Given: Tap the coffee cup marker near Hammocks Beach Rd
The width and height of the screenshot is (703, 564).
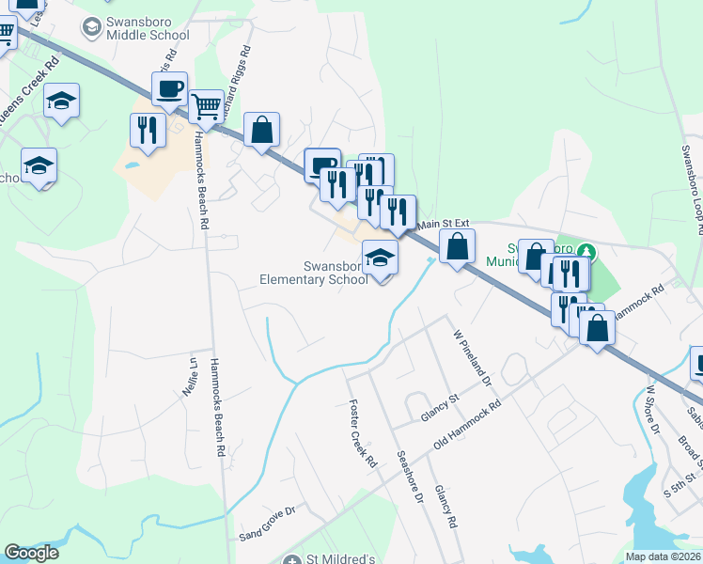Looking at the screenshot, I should pyautogui.click(x=169, y=90).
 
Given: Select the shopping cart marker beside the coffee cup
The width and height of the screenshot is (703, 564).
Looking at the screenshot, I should pyautogui.click(x=205, y=105).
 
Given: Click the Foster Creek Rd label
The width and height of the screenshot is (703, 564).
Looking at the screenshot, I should pyautogui.click(x=363, y=434).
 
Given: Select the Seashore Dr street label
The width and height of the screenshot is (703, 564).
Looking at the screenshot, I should pyautogui.click(x=413, y=471).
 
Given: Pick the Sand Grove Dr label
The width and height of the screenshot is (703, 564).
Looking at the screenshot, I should pyautogui.click(x=267, y=536).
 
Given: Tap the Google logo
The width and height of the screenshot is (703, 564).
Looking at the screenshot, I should pyautogui.click(x=32, y=553).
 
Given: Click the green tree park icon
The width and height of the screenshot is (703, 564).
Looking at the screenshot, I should pyautogui.click(x=587, y=252).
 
